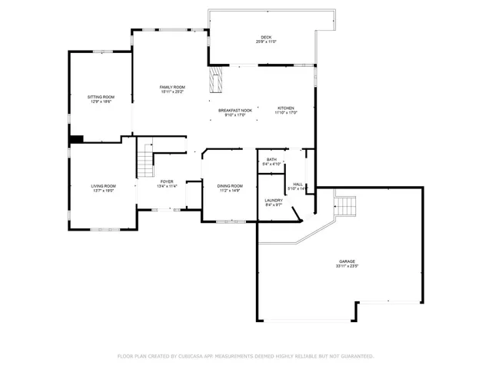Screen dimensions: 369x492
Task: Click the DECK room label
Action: pos(266,37)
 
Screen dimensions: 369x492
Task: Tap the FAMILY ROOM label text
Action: pos(172,88)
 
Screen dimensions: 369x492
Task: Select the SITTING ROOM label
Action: pos(100,97)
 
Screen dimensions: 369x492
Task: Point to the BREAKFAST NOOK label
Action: pos(235,111)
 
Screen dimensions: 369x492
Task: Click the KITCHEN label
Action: pos(286,108)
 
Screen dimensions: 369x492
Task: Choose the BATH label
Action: pos(271,160)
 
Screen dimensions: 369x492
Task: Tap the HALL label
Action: pos(298,184)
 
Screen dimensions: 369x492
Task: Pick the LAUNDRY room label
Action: pos(274,200)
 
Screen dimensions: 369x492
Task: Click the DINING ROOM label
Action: pos(231,186)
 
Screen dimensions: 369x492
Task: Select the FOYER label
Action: pos(167,181)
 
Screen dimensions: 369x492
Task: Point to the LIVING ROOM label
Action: pos(103,186)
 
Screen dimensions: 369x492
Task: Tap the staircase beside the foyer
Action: pos(145,164)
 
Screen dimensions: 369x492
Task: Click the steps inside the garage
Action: pos(345,206)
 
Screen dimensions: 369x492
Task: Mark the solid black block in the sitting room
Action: pos(77,139)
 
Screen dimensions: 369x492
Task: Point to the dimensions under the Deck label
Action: pos(266,42)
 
